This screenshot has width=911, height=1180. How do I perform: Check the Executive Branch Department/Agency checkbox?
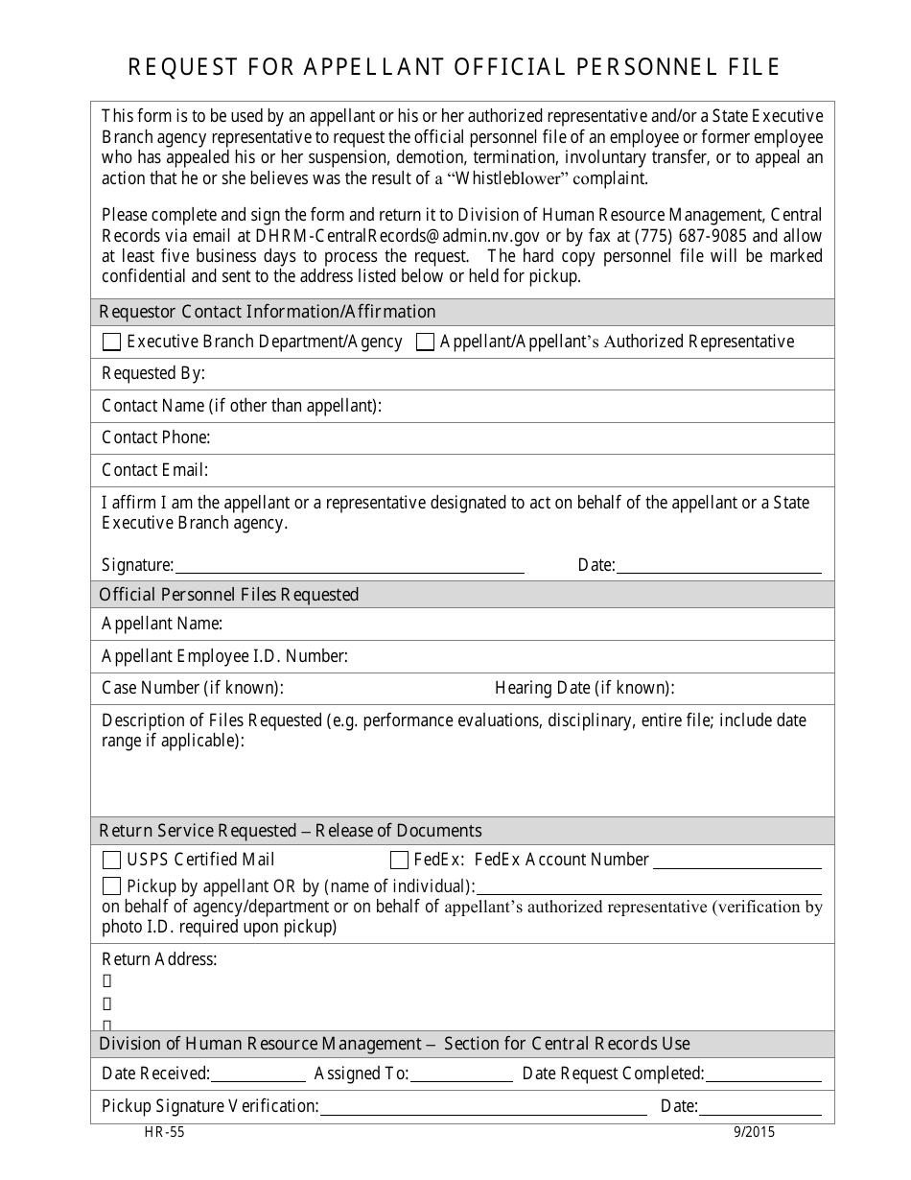pos(111,342)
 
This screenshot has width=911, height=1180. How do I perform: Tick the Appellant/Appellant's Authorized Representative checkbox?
pos(425,342)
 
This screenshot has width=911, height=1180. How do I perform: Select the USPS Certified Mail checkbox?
pos(111,861)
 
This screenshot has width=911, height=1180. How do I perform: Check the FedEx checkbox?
pos(399,861)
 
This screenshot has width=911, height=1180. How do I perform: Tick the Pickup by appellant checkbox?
pos(111,886)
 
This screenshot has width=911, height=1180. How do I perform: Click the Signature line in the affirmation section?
pos(349,566)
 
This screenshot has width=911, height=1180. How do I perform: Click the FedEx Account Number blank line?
pos(737,861)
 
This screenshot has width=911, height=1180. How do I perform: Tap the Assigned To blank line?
pos(461,1074)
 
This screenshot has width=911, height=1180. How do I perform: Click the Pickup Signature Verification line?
pos(483,1107)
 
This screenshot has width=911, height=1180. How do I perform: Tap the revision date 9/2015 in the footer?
pos(753,1132)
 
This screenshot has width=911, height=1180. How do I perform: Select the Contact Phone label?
pos(155,438)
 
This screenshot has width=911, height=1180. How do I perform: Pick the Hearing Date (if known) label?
pos(584,689)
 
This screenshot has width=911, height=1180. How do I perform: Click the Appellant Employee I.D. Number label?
pos(224,657)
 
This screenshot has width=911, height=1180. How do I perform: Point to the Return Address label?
pos(159,959)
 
